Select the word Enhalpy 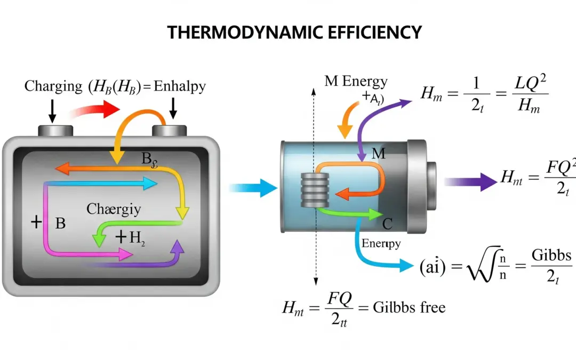click(179, 86)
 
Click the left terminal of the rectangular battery click(54, 130)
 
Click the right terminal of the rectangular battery click(169, 130)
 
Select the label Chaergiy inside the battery click(114, 209)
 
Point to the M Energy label click(356, 82)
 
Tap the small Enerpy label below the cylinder click(381, 243)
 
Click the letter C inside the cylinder click(387, 224)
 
